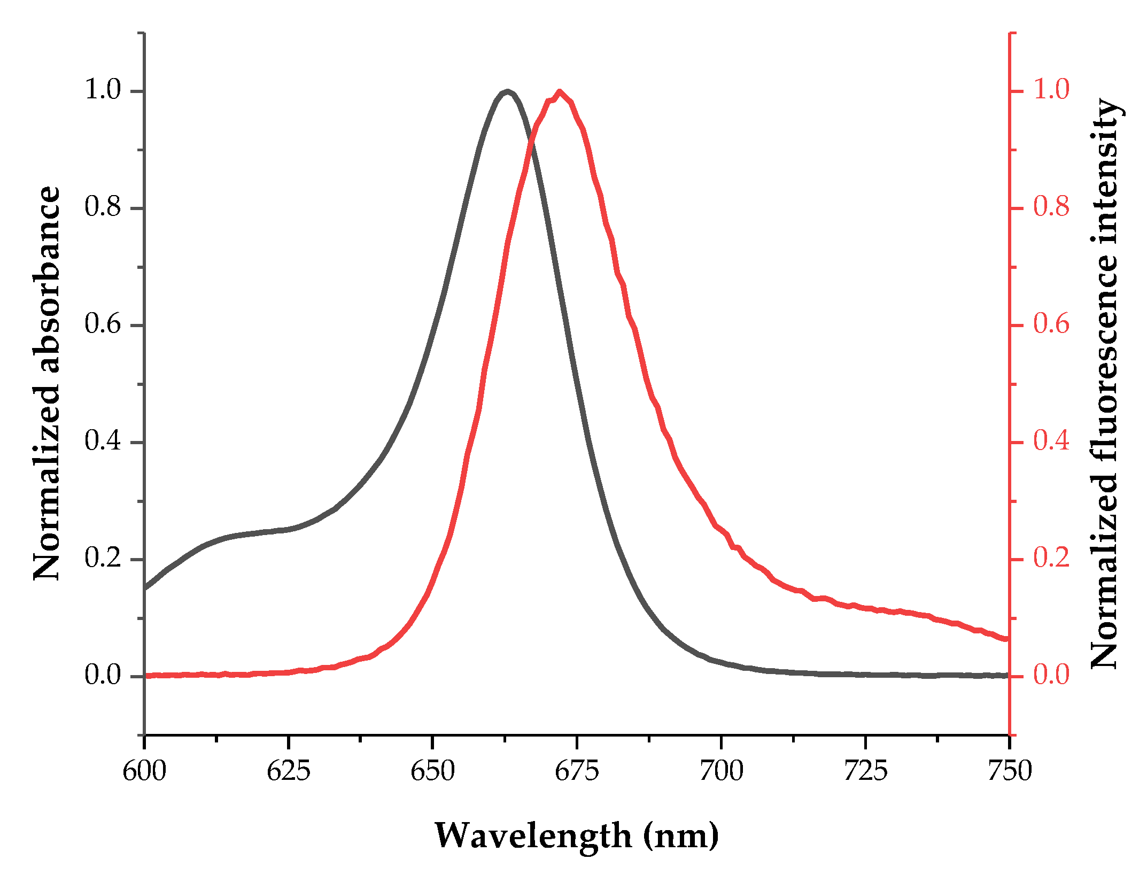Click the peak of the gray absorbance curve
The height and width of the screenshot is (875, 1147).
point(507,91)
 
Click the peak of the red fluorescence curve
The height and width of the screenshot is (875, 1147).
point(560,92)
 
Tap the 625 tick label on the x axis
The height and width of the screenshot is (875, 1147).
point(288,771)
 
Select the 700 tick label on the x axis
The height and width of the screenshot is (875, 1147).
point(721,771)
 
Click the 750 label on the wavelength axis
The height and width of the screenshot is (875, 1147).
point(1009,771)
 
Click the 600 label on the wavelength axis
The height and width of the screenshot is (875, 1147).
point(144,771)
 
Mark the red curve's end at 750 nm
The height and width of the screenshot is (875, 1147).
point(1007,639)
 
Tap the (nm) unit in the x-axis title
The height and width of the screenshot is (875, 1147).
point(681,836)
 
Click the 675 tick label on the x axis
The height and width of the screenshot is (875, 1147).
point(577,771)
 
